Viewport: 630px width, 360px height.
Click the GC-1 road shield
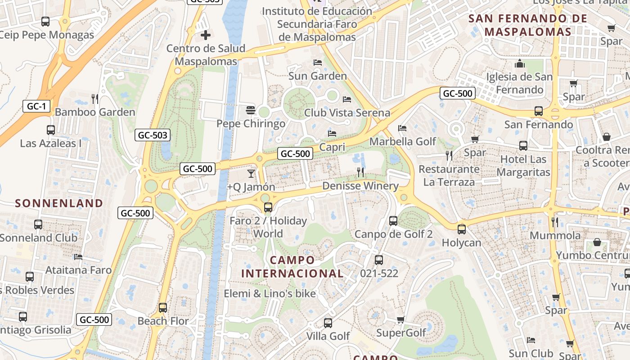coord(36,107)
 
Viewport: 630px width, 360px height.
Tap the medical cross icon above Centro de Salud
coord(206,35)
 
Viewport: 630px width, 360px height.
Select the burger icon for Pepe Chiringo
coord(251,110)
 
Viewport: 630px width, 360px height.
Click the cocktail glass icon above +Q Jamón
coord(251,173)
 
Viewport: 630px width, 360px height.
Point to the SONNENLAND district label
coord(59,203)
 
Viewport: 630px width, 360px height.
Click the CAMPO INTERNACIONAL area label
coord(292,267)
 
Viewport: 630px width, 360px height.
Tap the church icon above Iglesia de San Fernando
coord(520,63)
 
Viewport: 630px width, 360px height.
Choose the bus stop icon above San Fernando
coord(538,111)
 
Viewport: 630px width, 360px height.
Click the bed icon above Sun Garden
coord(318,63)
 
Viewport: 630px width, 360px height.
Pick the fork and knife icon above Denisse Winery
coord(360,172)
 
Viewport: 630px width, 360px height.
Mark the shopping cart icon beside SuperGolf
coord(400,320)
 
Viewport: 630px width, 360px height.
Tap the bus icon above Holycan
coord(462,229)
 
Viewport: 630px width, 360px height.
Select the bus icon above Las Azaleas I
coord(51,130)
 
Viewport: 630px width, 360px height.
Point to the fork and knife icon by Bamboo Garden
coord(95,99)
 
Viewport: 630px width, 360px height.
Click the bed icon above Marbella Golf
coord(402,128)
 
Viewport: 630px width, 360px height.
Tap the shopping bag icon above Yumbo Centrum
coord(597,243)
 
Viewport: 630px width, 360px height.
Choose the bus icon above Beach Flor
coord(163,308)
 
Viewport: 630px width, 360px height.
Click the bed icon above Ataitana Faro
coord(78,257)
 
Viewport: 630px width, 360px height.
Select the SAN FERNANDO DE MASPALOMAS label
coord(528,25)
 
